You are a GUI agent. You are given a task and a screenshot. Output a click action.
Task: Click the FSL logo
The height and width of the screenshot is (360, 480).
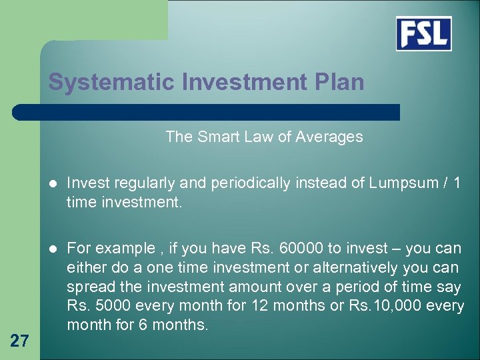[x=423, y=34]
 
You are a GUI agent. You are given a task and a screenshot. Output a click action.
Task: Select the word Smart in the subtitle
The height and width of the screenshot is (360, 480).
[x=217, y=137]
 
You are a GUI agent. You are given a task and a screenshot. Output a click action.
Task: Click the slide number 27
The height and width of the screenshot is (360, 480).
[x=19, y=341]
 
